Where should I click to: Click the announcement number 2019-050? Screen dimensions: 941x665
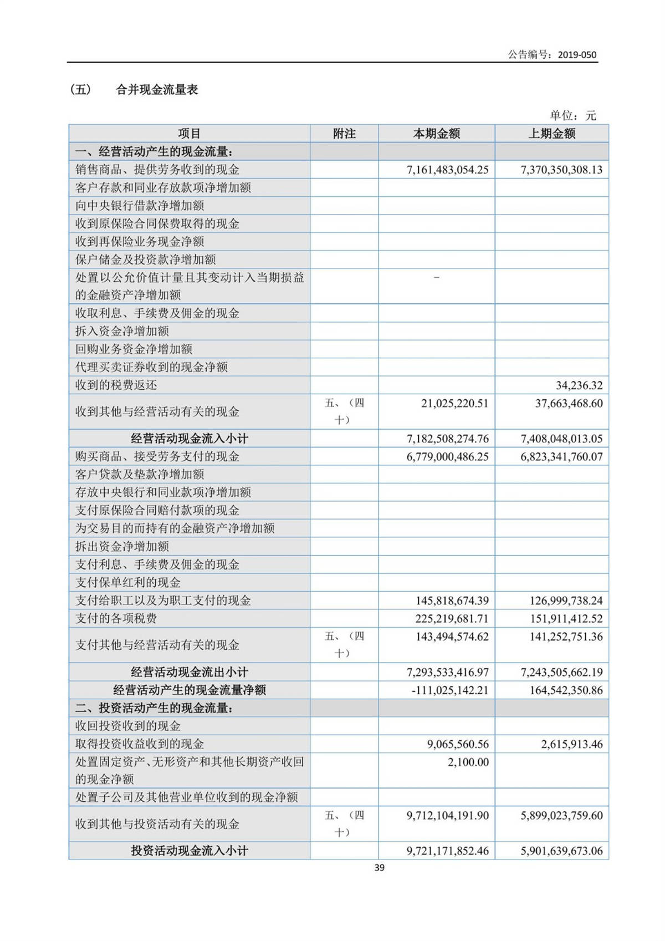tap(577, 54)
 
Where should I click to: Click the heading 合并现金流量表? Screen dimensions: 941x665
tap(157, 90)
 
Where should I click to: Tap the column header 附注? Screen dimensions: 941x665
tap(344, 134)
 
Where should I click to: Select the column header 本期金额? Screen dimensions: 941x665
tap(437, 134)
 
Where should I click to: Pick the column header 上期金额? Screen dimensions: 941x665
tap(551, 134)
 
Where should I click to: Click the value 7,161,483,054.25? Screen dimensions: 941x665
tap(448, 170)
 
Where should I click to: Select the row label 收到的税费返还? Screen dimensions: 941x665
tap(116, 385)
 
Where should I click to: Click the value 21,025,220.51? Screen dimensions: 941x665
tap(454, 403)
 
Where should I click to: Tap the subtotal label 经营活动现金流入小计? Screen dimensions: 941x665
tap(190, 439)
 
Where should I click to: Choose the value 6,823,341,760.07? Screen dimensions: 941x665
tap(561, 457)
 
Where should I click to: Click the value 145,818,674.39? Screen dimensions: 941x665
tap(452, 601)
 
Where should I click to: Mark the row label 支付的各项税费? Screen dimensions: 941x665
tap(116, 618)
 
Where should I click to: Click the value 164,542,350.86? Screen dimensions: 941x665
tap(566, 690)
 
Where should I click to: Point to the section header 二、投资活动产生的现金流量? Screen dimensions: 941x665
tap(154, 708)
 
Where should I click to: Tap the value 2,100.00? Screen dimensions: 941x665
tap(468, 762)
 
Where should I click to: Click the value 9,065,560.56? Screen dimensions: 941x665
tap(458, 744)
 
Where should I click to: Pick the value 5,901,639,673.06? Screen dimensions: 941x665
tap(561, 851)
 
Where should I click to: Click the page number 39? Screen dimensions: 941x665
tap(379, 868)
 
